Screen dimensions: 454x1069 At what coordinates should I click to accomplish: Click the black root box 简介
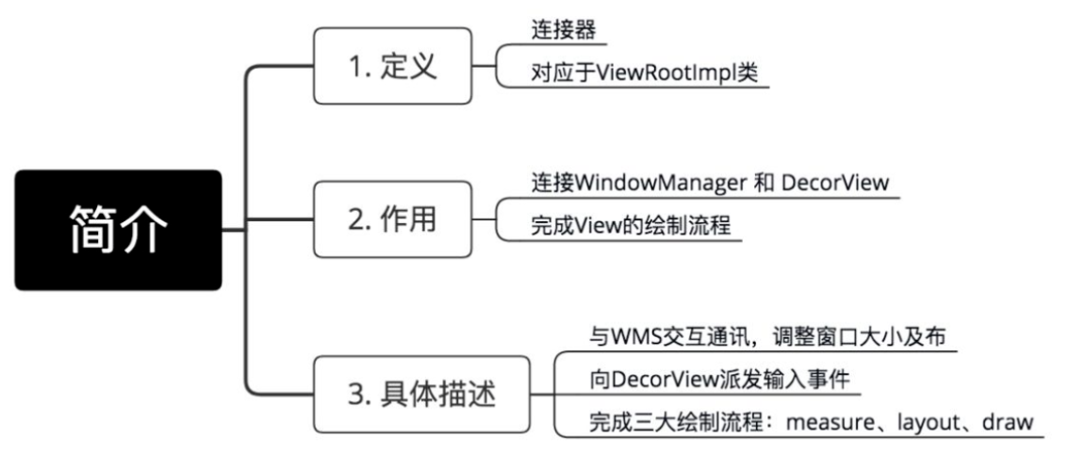point(119,229)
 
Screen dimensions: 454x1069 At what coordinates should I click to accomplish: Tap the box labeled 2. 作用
point(393,223)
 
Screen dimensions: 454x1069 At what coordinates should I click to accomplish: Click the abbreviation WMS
point(635,337)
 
